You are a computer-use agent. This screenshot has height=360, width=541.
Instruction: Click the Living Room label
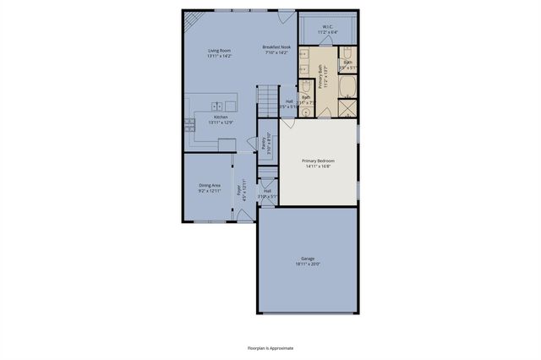point(220,50)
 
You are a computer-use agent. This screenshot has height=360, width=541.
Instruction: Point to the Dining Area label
point(210,184)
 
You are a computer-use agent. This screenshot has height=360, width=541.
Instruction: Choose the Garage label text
point(307,259)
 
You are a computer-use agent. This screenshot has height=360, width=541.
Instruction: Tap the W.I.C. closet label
point(326,26)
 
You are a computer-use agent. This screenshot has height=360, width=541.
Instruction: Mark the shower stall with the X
point(347,108)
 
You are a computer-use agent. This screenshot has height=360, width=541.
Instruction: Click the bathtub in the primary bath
point(347,87)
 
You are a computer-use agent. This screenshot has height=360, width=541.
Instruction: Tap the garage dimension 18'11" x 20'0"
point(307,264)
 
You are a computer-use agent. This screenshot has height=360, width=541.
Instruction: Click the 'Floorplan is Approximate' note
point(270,348)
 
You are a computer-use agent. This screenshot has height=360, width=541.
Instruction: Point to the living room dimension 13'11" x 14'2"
point(220,55)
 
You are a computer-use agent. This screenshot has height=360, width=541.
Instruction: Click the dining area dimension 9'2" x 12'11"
point(210,190)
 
